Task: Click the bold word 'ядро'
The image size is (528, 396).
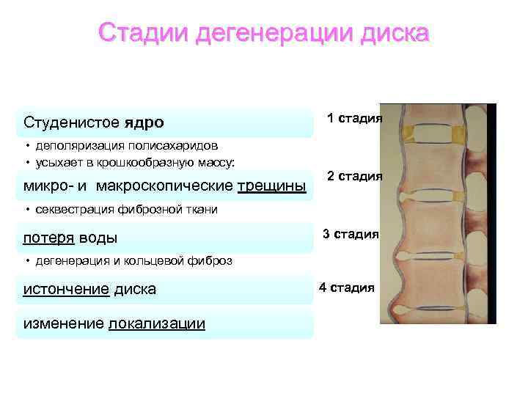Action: (144, 121)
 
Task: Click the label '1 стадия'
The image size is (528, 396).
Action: (354, 118)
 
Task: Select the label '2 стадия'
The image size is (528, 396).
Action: (354, 177)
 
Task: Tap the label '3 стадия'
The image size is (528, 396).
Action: (351, 234)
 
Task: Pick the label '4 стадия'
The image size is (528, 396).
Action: (346, 287)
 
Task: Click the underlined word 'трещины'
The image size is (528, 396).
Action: (272, 186)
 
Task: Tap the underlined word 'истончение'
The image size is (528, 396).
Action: (65, 289)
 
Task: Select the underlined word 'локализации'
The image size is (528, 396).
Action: (156, 324)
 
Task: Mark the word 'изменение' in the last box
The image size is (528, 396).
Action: (63, 324)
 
